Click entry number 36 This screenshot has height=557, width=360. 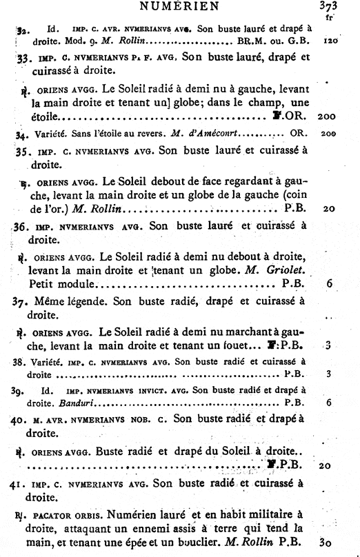tap(20, 225)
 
